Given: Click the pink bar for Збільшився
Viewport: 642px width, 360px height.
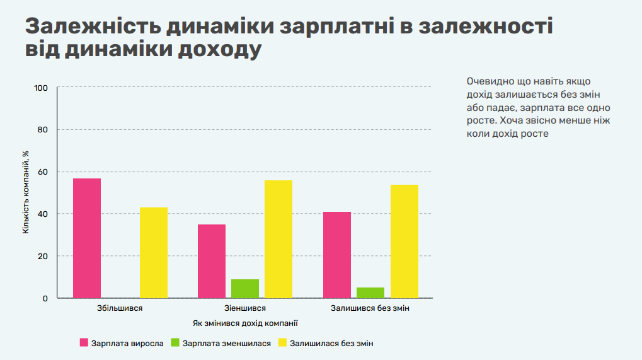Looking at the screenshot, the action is (87, 238).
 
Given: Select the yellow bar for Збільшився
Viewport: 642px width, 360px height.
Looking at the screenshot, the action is (154, 253).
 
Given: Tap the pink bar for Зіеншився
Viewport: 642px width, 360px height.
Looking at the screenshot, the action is (212, 261).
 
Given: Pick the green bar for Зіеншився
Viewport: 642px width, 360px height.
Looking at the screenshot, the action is (245, 289).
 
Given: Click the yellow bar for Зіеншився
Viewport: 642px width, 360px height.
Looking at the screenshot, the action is (278, 239).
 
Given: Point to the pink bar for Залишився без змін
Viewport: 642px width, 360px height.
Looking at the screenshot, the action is (337, 255).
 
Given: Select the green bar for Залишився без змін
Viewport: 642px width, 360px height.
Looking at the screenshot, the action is (370, 293).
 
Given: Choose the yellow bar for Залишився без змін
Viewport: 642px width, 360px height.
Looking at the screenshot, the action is (404, 241).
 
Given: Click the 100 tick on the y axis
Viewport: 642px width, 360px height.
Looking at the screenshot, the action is (41, 88).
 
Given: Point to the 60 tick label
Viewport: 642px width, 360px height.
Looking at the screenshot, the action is (43, 172).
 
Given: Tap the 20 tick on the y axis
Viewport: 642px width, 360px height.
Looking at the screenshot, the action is (43, 257).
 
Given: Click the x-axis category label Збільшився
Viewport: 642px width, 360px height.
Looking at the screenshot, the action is (120, 308).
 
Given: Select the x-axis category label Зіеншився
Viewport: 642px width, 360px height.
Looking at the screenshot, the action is (245, 308).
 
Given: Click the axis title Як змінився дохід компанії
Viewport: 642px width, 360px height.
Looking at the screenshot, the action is (245, 323).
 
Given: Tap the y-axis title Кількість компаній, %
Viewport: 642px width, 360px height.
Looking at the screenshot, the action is (26, 192).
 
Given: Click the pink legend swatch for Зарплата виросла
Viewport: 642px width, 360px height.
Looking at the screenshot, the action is (84, 342).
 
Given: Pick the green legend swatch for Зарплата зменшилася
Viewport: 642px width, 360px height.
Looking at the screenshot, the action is (175, 342).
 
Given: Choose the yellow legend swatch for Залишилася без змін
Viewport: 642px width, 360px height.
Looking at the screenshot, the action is (282, 342).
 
